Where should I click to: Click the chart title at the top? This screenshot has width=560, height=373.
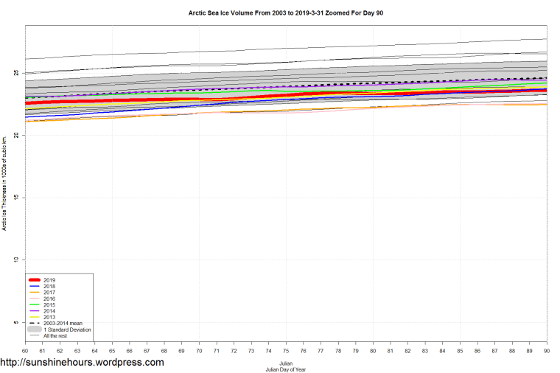point(281,13)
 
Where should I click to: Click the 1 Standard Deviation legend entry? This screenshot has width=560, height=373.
point(67,330)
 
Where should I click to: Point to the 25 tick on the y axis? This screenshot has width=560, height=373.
point(19,73)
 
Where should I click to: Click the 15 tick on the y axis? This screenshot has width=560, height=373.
point(19,198)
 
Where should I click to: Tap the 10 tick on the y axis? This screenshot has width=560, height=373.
point(19,259)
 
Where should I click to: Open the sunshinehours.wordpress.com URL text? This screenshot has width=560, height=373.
point(82,363)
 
